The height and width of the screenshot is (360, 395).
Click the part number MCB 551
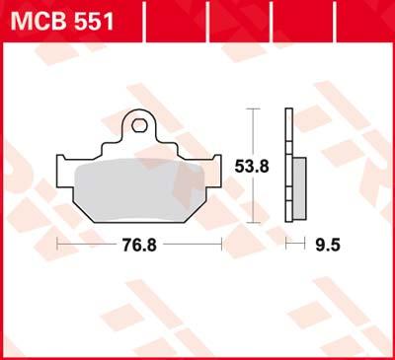62,21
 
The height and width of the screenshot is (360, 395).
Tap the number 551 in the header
94,21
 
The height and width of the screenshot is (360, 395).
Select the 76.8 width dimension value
139,245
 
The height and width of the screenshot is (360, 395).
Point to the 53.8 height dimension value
252,167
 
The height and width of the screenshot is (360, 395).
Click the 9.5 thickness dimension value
328,245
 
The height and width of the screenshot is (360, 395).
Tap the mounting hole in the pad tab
138,125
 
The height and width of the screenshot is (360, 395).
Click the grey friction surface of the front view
139,189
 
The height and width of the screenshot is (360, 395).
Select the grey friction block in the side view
299,188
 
